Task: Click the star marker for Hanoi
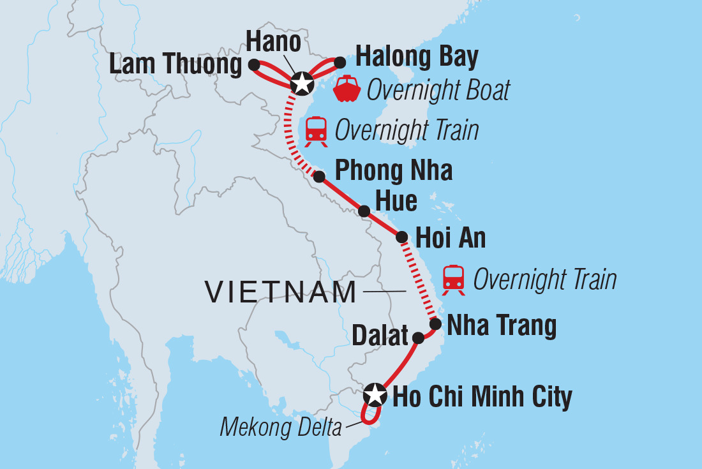pos(301,83)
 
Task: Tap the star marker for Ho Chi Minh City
pos(375,395)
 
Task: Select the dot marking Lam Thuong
pos(253,64)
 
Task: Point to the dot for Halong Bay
pos(340,62)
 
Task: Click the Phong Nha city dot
pos(319,176)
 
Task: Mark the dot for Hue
pos(364,211)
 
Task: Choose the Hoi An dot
pos(402,237)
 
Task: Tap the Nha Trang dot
pos(435,324)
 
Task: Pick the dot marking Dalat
pos(417,338)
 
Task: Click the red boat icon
pos(347,89)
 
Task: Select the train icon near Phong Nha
pos(317,130)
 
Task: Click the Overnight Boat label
pos(438,91)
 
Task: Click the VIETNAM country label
pos(281,292)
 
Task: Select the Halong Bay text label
pos(417,57)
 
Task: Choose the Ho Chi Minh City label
pos(482,397)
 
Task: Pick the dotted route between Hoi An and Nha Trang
pos(419,281)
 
